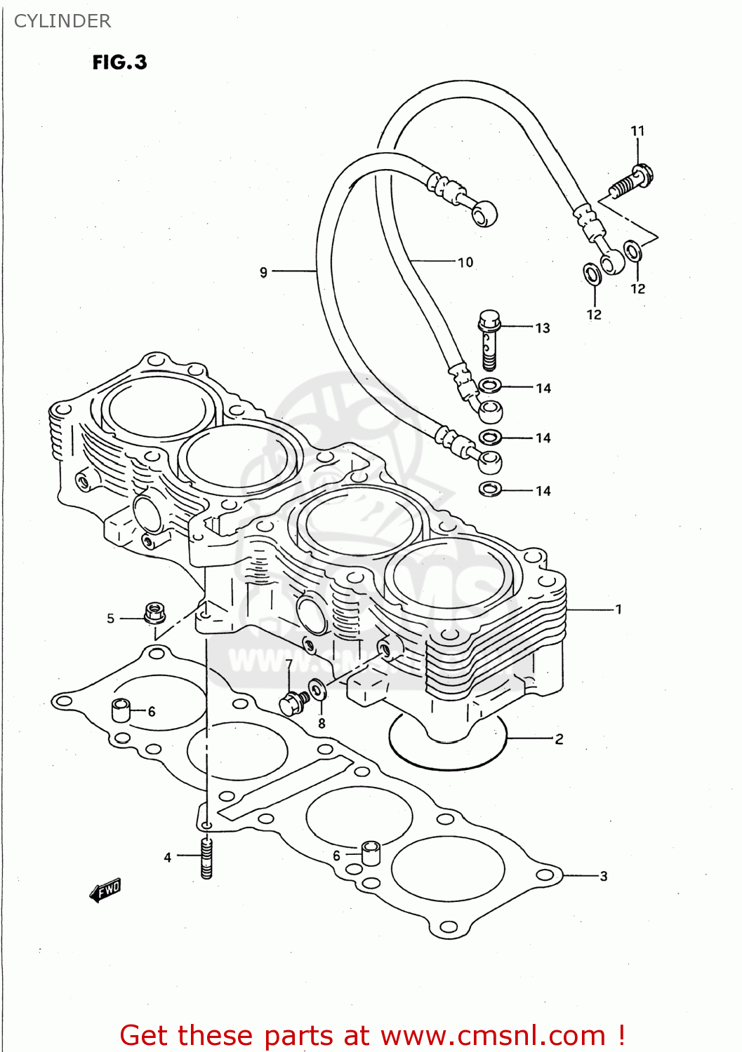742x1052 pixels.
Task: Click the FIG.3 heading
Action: click(119, 62)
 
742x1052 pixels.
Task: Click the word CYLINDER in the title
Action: click(62, 21)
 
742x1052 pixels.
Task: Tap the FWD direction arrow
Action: click(106, 890)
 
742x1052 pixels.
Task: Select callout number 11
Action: click(637, 131)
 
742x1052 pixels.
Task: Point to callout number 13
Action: click(543, 328)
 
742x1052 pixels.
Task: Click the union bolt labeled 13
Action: click(489, 339)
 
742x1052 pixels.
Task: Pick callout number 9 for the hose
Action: click(264, 272)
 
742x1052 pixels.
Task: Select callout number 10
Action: click(465, 262)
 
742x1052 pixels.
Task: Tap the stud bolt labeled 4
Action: click(206, 858)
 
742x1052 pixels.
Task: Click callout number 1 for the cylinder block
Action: click(618, 609)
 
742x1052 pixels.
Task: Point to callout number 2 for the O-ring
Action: click(559, 739)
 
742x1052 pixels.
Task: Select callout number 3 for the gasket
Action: click(603, 876)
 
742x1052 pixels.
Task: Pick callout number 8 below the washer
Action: click(322, 723)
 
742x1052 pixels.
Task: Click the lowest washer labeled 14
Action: click(490, 489)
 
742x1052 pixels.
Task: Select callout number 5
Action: click(110, 619)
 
